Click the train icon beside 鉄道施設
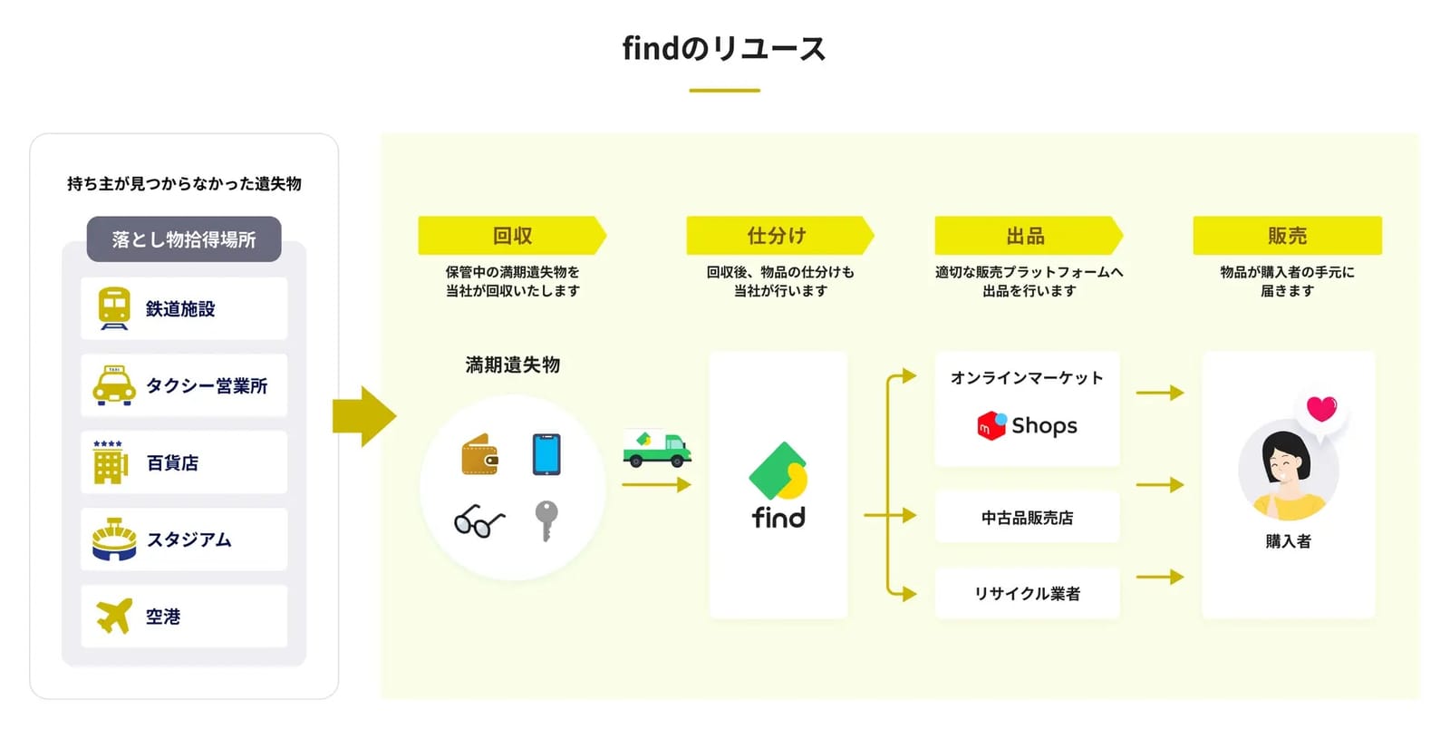click(x=114, y=309)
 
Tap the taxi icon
click(x=114, y=386)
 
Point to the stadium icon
click(x=114, y=539)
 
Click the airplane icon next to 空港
click(x=114, y=616)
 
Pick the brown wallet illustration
click(x=479, y=454)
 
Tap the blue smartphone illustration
click(x=546, y=454)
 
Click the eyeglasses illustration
click(x=479, y=521)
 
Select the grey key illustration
click(x=546, y=520)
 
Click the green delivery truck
click(x=657, y=448)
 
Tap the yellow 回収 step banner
click(x=512, y=235)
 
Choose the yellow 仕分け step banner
click(x=780, y=235)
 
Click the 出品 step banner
click(x=1029, y=235)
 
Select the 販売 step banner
click(x=1288, y=235)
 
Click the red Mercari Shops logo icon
click(x=991, y=425)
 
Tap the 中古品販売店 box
click(x=1028, y=518)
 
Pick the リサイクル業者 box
click(x=1028, y=593)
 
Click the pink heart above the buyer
click(x=1322, y=409)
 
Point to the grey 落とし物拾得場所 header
click(x=184, y=238)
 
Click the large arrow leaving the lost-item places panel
click(x=364, y=417)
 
